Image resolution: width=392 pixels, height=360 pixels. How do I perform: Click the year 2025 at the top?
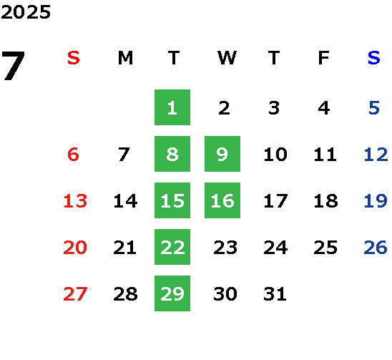[26, 12]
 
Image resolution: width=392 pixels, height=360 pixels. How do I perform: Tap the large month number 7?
[13, 66]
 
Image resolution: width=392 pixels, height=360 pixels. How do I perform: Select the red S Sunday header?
[74, 58]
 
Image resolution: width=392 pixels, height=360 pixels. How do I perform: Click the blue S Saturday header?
[374, 58]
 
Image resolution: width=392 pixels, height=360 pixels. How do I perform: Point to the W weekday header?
[227, 58]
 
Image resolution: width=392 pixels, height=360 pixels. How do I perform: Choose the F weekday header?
[324, 58]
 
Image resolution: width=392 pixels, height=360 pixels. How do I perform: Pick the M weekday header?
[125, 58]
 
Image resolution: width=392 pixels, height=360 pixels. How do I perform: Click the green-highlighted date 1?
[172, 107]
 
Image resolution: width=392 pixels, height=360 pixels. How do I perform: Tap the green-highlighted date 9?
[222, 154]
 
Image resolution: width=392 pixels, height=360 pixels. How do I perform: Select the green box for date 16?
[222, 200]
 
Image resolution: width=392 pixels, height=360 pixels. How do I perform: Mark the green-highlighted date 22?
[172, 247]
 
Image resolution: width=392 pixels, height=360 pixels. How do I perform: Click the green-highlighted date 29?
[172, 293]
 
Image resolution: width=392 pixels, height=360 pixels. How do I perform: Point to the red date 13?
[75, 200]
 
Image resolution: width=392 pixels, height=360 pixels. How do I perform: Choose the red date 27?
[75, 293]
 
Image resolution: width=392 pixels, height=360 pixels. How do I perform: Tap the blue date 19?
[376, 200]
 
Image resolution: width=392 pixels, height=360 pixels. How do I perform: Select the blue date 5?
[374, 108]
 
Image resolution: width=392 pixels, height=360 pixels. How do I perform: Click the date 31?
[275, 293]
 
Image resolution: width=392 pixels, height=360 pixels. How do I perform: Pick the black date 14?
[125, 200]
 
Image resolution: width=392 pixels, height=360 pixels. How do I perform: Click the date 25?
[325, 247]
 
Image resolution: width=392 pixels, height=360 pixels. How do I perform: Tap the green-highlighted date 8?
[172, 154]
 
